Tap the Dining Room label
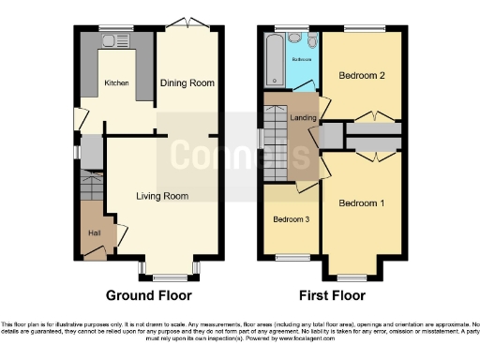tap(188, 82)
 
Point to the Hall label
tap(94, 232)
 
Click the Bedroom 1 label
tap(362, 203)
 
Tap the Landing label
tap(303, 117)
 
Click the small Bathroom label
tap(302, 60)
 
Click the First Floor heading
tap(332, 294)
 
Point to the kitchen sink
tap(113, 40)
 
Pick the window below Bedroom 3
tap(291, 258)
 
